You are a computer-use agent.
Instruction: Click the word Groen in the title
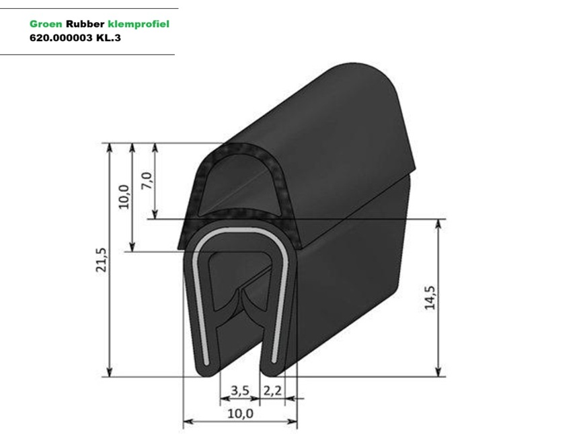pos(46,24)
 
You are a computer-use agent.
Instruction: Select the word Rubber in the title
pos(85,24)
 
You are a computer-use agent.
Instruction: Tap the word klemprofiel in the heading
pos(139,24)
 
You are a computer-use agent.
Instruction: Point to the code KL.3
pos(108,38)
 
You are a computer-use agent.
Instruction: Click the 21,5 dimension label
pos(101,260)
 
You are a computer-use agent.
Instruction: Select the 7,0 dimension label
pos(147,180)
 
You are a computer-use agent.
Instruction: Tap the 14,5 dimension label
pos(430,297)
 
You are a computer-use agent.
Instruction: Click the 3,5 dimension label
pos(240,390)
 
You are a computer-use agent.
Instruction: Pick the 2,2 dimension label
pos(272,390)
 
